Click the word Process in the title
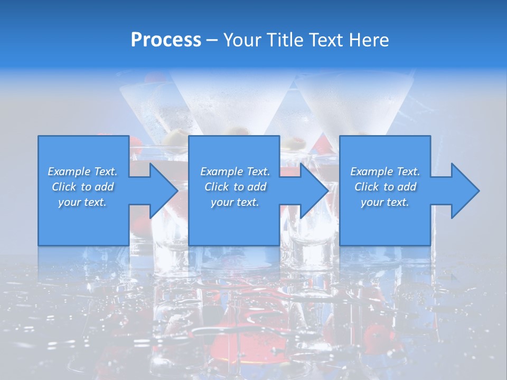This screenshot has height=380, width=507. [166, 40]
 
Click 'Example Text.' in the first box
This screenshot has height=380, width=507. [82, 172]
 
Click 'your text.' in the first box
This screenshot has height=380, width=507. [82, 202]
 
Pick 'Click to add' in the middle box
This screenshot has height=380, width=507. [235, 187]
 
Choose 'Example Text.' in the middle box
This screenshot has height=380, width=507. [235, 172]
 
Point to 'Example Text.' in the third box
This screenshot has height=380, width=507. [385, 172]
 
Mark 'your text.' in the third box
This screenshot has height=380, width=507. [385, 202]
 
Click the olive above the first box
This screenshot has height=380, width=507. [175, 136]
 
